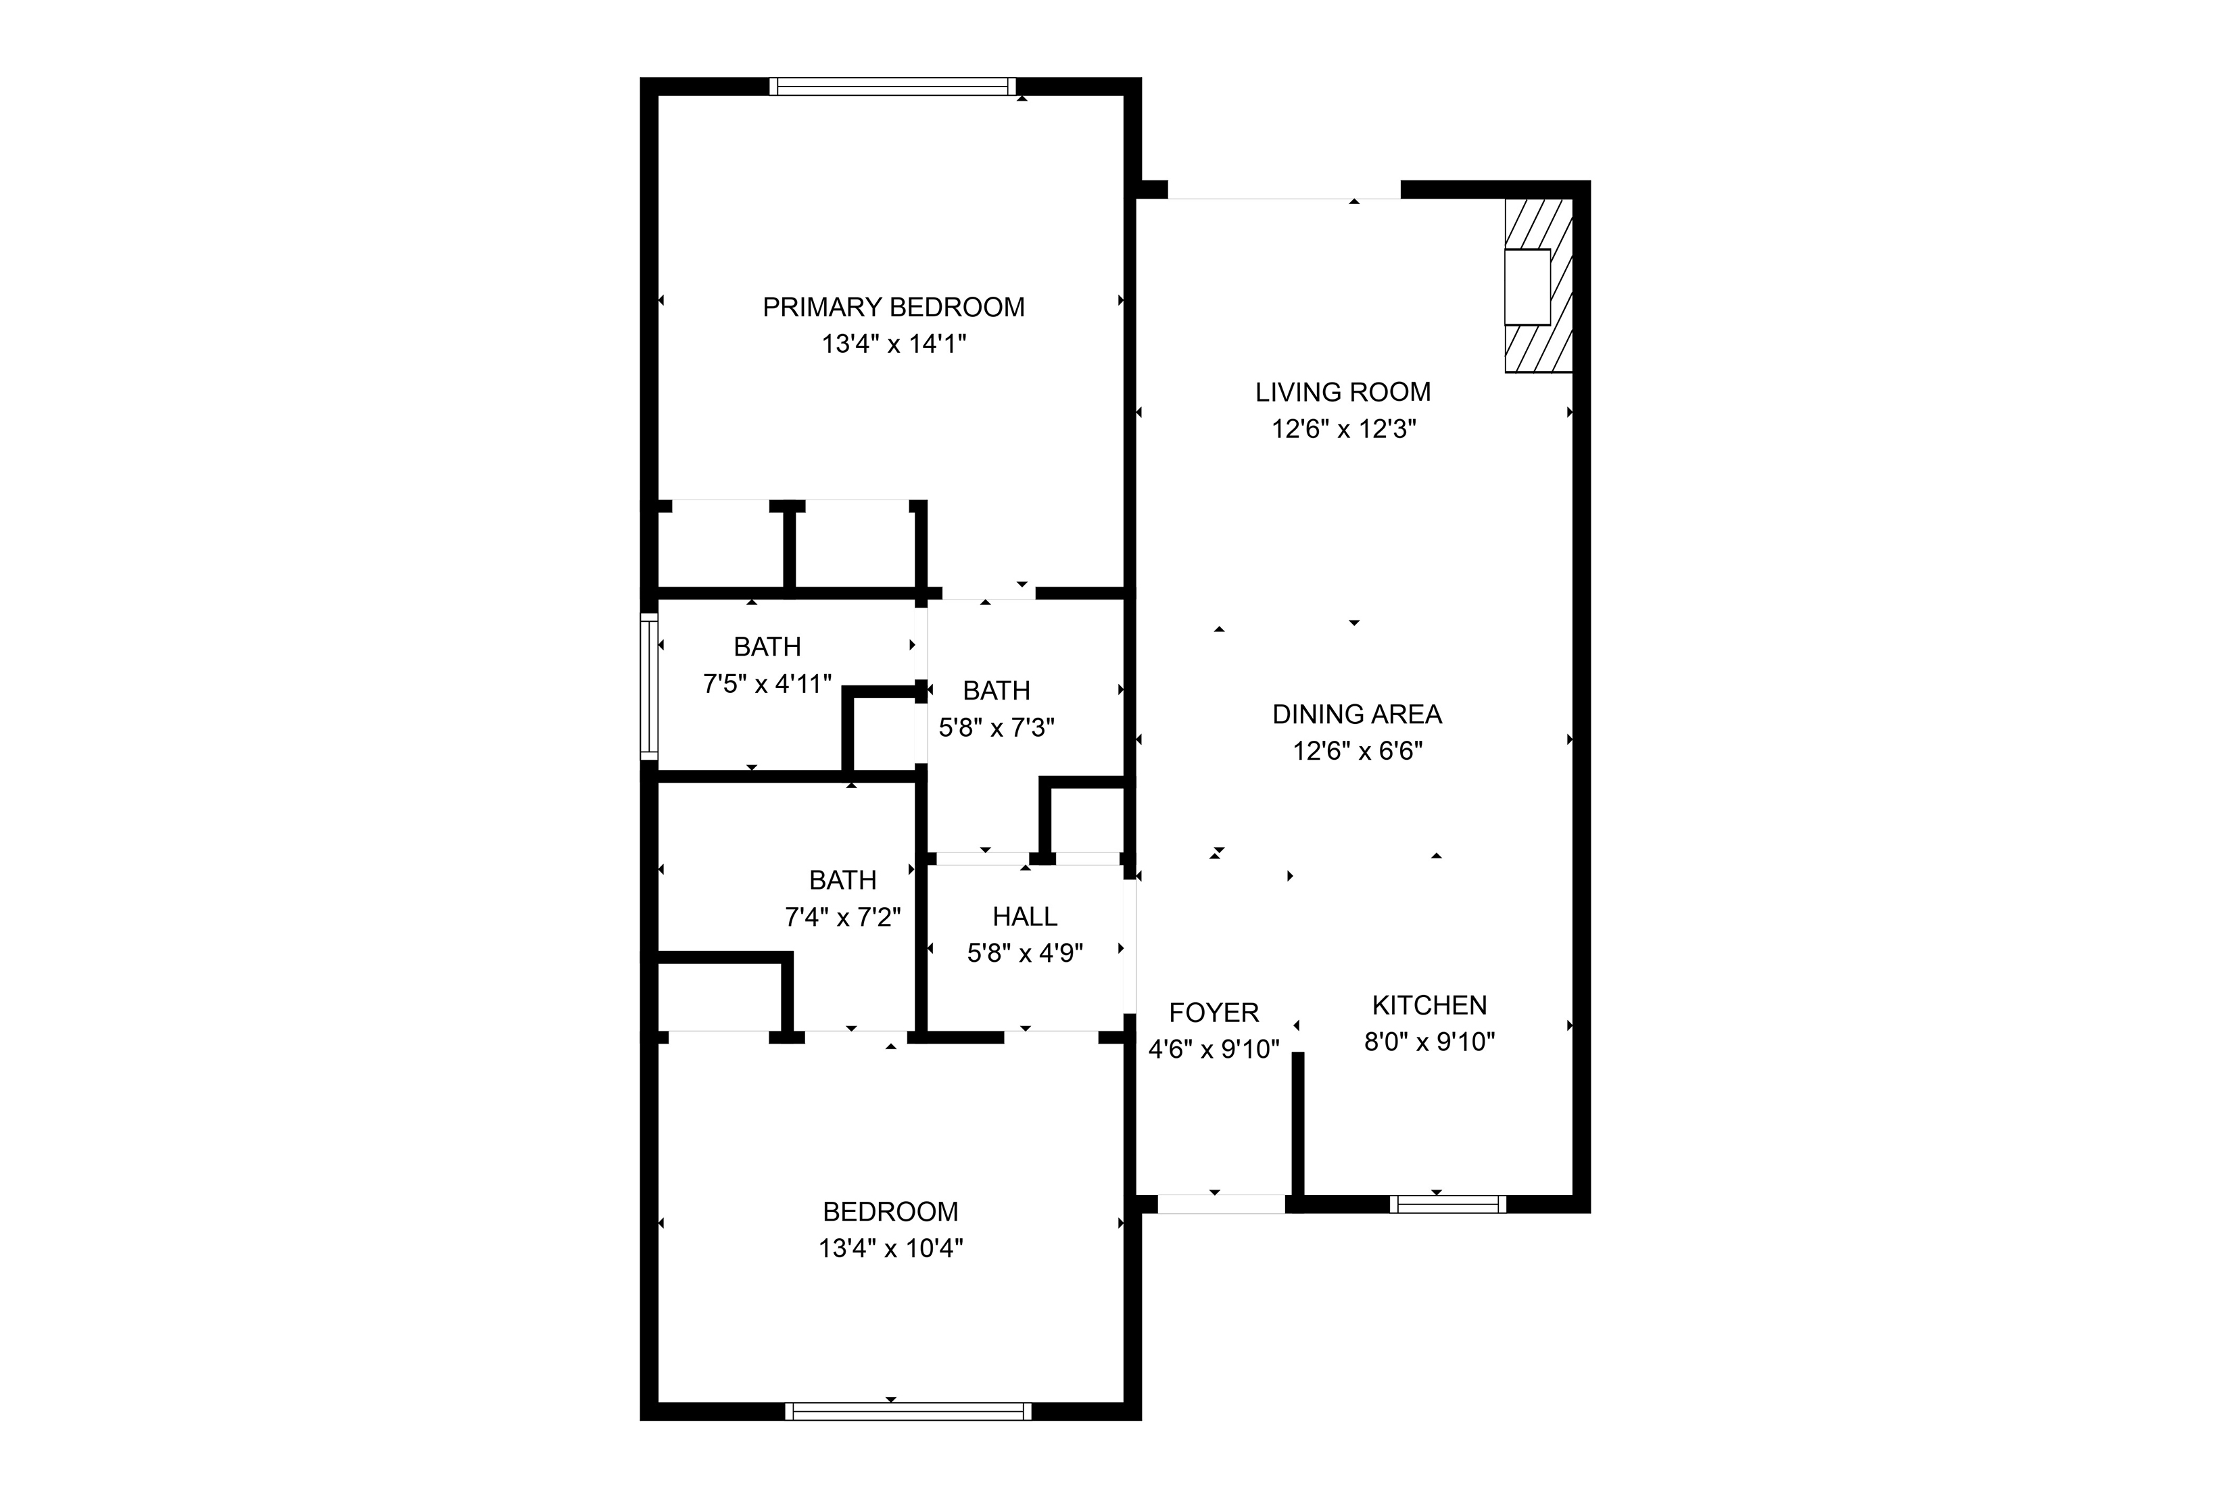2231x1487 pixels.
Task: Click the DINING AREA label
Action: point(1356,714)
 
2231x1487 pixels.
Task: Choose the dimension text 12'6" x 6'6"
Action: point(1356,751)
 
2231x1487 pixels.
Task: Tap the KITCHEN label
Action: point(1429,1004)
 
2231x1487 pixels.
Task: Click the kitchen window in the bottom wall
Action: point(1447,1204)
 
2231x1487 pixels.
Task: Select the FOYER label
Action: point(1214,1013)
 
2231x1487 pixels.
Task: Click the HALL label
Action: point(1024,916)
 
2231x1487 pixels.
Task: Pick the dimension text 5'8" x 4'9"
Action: point(1024,953)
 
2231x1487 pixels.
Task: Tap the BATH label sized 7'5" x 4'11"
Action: point(767,647)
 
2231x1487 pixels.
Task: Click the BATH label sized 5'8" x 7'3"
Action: point(996,690)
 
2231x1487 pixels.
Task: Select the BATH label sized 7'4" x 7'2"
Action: point(842,880)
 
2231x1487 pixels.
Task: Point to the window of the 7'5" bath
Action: point(649,685)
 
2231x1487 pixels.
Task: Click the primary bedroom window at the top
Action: point(892,87)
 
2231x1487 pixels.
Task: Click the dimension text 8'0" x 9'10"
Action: point(1429,1042)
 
